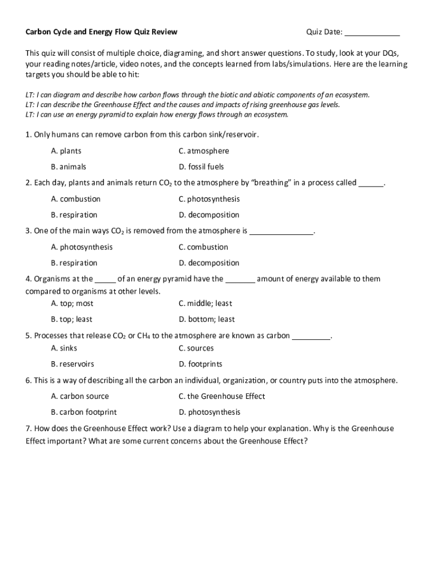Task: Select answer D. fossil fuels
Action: coord(201,167)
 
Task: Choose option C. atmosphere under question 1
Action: coord(203,151)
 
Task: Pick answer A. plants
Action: coord(66,151)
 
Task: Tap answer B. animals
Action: coord(68,167)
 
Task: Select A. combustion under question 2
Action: coord(76,199)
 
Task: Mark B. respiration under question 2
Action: coord(74,215)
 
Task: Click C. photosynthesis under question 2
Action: coord(209,199)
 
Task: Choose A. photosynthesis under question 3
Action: coord(82,247)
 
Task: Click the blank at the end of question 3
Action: coord(281,231)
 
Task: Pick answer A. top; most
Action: coord(72,303)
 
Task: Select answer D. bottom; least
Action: coord(207,319)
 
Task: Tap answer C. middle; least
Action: coord(205,303)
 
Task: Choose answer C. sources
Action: coord(196,348)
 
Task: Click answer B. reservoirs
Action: coord(72,364)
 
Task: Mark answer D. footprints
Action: coord(201,364)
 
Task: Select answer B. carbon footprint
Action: coord(84,412)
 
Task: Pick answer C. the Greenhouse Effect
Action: coord(222,396)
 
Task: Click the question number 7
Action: coord(28,428)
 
